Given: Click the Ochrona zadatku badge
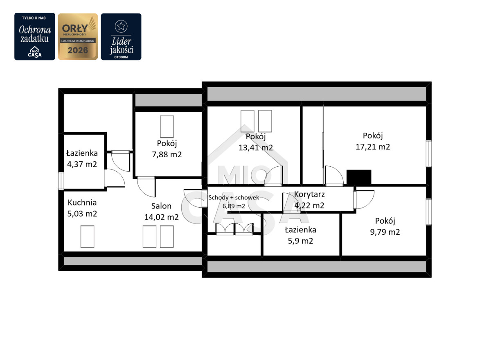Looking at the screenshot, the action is click(x=35, y=36).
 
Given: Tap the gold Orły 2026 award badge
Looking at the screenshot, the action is click(x=78, y=36).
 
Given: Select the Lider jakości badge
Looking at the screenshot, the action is click(x=121, y=36).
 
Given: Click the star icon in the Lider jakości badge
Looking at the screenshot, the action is click(x=121, y=26).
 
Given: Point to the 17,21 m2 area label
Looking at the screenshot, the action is click(x=373, y=147).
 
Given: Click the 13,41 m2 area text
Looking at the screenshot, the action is click(x=256, y=147).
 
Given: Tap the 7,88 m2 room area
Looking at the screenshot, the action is click(x=167, y=154).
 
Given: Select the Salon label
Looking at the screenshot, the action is click(x=161, y=206).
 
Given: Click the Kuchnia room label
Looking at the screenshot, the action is click(x=82, y=203).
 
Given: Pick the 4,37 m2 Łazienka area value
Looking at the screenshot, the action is click(x=82, y=164).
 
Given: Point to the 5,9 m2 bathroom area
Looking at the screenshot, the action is click(x=300, y=241).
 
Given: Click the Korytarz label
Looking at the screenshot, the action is click(x=309, y=195).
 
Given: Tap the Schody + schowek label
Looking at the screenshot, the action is click(x=234, y=198).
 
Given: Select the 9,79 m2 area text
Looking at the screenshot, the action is click(x=385, y=232).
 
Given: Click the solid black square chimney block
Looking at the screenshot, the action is click(x=359, y=177).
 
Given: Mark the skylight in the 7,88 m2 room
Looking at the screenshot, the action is click(x=167, y=127).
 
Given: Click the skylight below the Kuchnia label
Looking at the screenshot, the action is click(x=87, y=237).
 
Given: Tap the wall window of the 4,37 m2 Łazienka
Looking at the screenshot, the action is click(x=61, y=181).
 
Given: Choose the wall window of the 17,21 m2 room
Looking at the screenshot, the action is click(x=429, y=154).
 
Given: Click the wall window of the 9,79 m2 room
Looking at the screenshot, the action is click(x=429, y=212).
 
